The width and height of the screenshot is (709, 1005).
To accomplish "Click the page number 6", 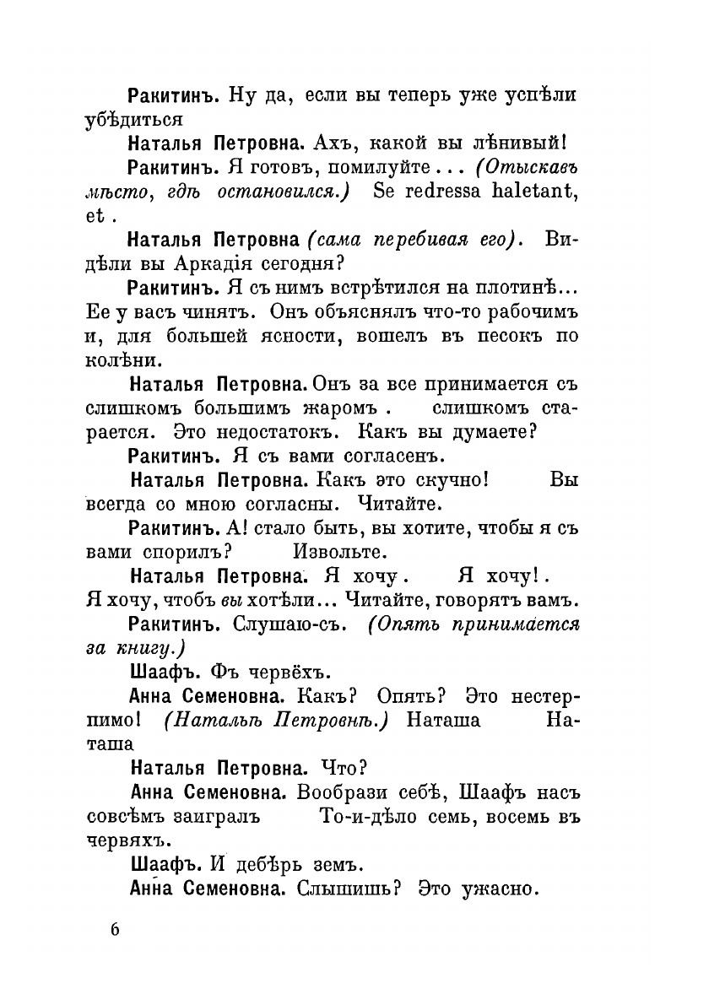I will [116, 931].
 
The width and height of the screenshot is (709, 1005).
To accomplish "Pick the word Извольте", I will [339, 554].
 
